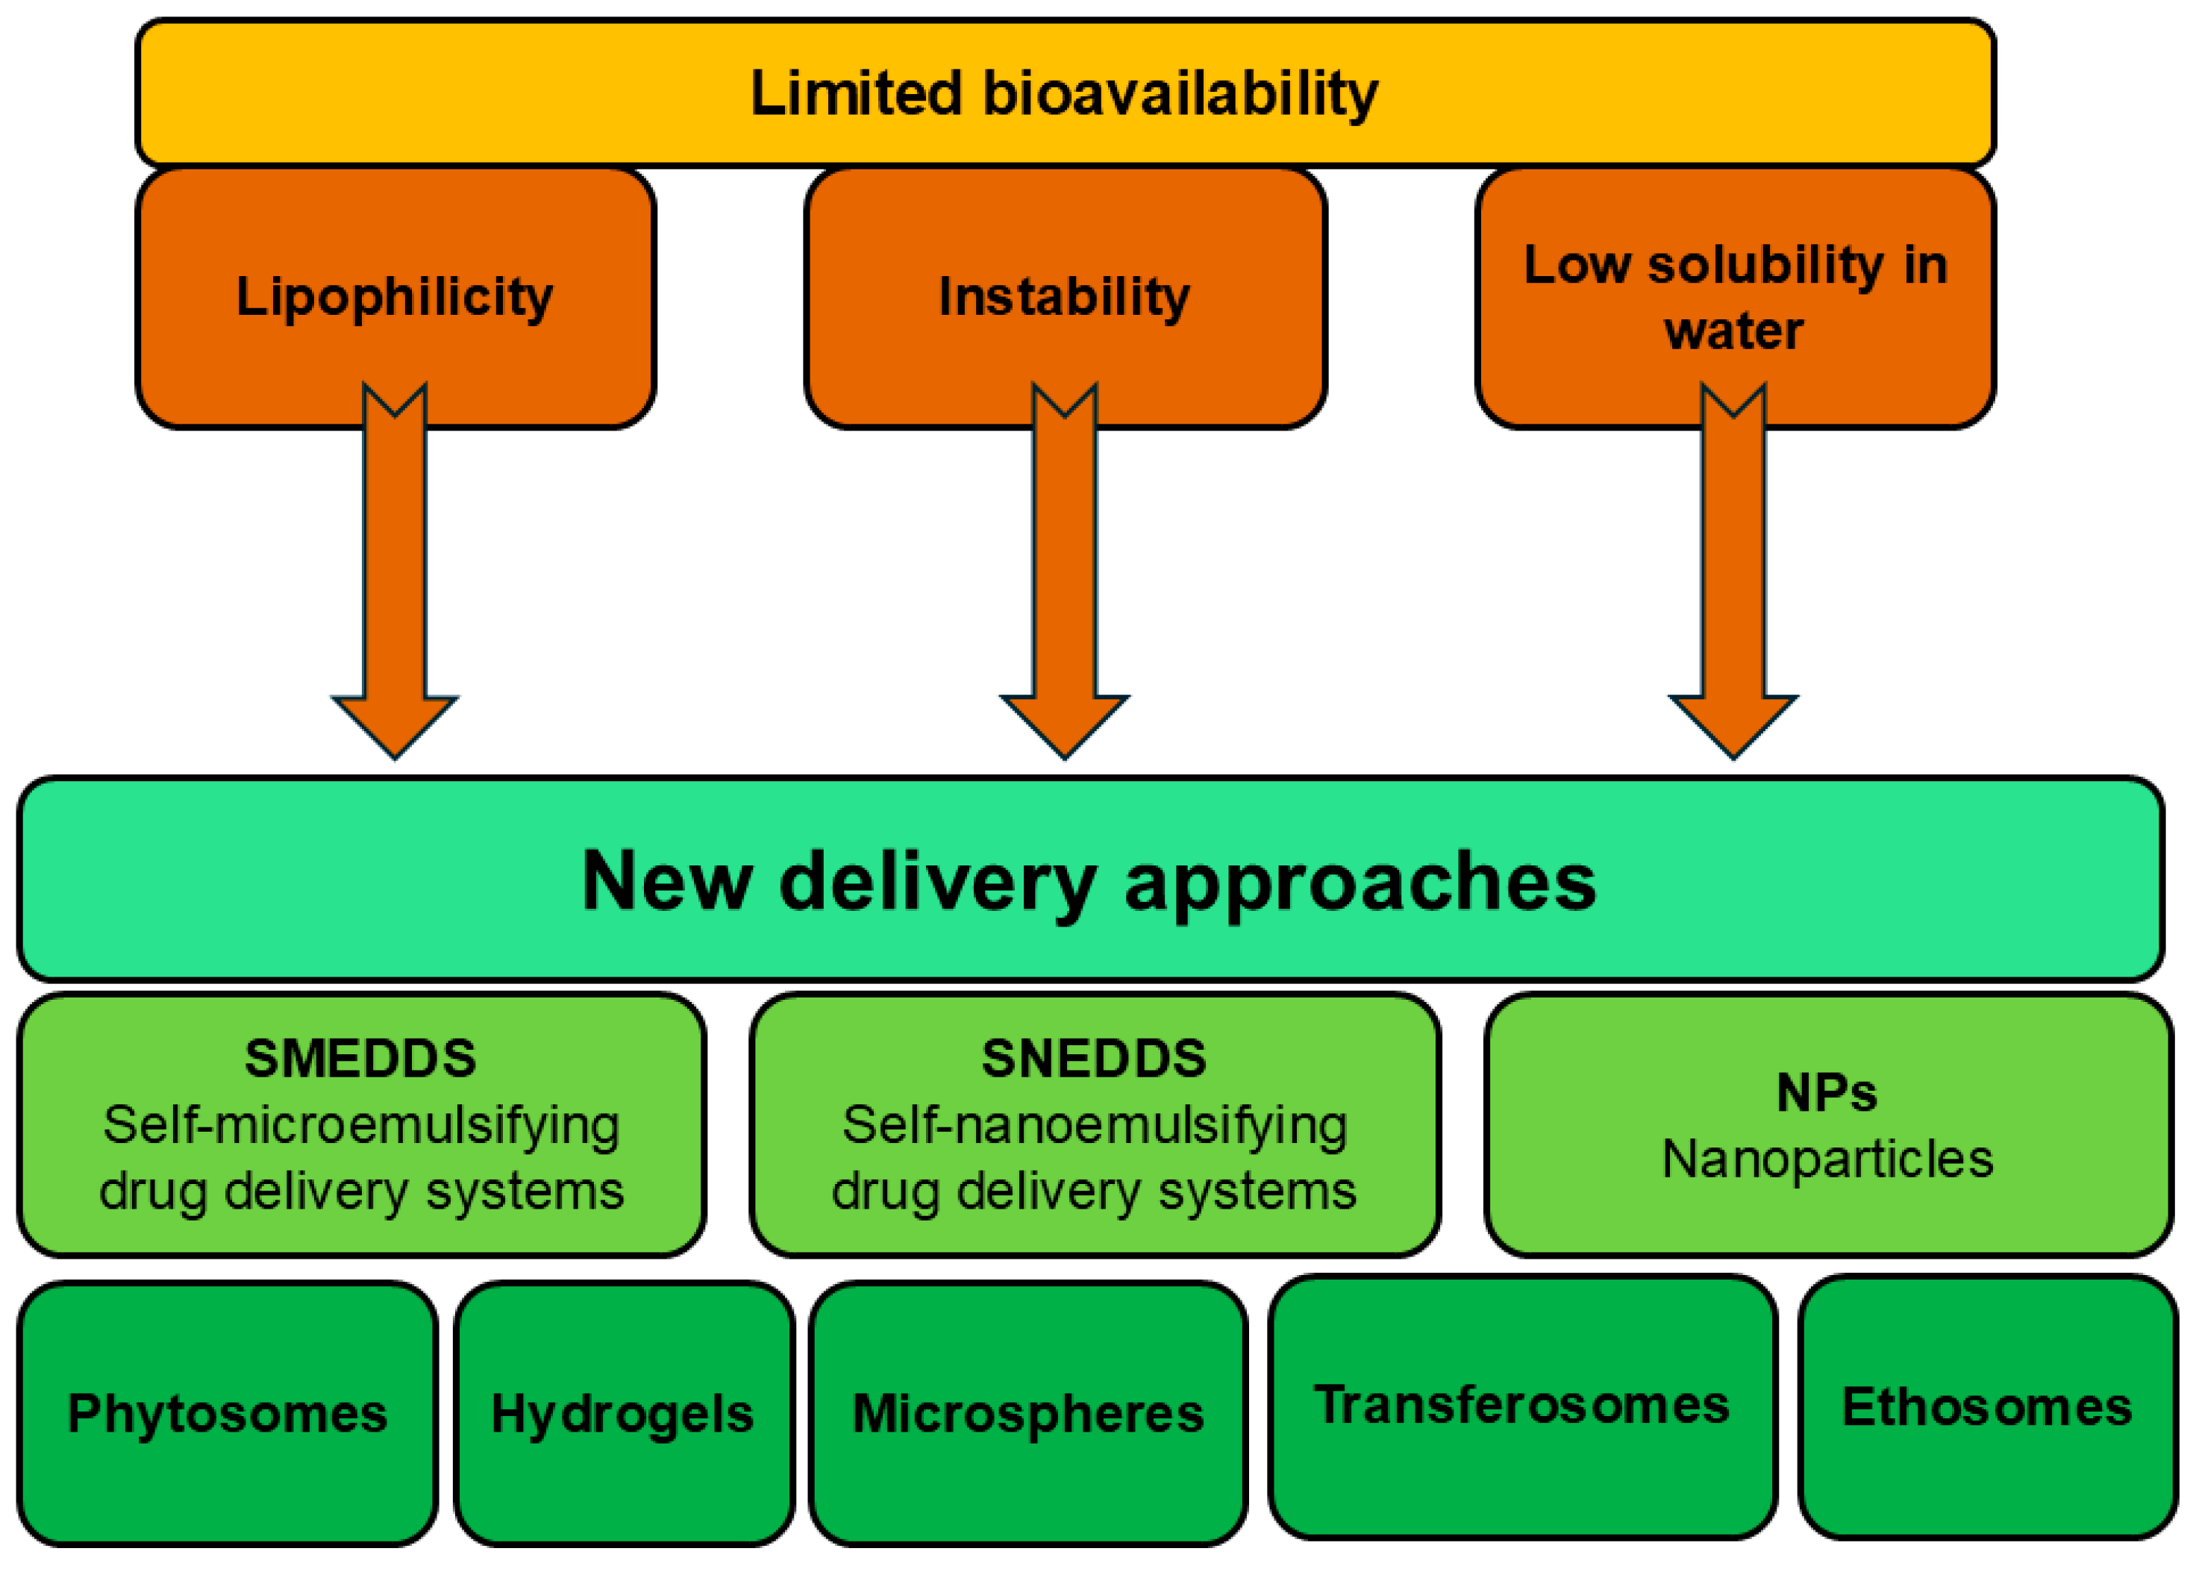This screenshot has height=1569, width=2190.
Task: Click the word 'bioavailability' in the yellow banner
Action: coord(1179,95)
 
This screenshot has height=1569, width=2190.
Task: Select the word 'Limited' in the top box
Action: coord(856,94)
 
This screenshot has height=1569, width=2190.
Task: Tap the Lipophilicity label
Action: coord(394,296)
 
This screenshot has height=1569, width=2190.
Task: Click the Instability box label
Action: coord(1064,295)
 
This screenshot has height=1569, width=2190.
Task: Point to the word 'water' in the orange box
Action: coord(1733,331)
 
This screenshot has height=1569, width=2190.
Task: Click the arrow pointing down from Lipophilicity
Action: coord(394,579)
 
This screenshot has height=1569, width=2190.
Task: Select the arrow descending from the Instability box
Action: coord(1064,579)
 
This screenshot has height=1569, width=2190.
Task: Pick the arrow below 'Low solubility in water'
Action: coord(1733,579)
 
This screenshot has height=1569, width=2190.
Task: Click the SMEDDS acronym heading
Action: coord(360,1058)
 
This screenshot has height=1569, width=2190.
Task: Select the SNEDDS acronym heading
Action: coord(1094,1058)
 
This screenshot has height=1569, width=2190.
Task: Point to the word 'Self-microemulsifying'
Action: coord(361,1125)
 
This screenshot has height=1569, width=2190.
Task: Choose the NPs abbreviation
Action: coord(1826,1093)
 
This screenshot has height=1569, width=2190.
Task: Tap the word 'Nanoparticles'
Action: coord(1827,1159)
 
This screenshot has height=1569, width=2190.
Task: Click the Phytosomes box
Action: coord(227,1414)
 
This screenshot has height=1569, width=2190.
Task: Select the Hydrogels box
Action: coord(623,1414)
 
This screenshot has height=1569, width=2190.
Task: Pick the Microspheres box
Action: coord(1027,1414)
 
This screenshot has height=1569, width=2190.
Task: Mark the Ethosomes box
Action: coord(1986,1407)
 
